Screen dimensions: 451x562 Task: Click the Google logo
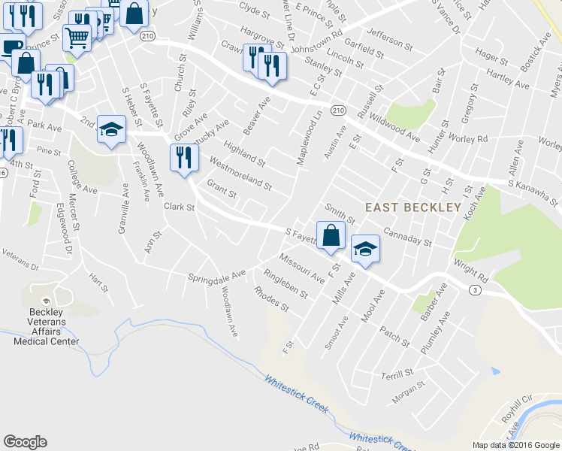coord(25,442)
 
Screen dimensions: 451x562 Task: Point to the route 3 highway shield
coord(474,289)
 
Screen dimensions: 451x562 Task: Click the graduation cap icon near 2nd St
coord(110,130)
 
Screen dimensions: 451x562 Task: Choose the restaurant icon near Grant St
coord(183,156)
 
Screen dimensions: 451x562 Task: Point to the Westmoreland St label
coord(240,173)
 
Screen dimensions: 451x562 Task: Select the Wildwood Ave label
coord(399,127)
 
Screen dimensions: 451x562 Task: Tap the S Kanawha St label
coord(533,192)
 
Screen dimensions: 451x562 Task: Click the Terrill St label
coord(397,373)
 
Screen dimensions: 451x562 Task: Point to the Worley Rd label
coord(471,139)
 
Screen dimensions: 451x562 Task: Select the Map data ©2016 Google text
coord(515,445)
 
